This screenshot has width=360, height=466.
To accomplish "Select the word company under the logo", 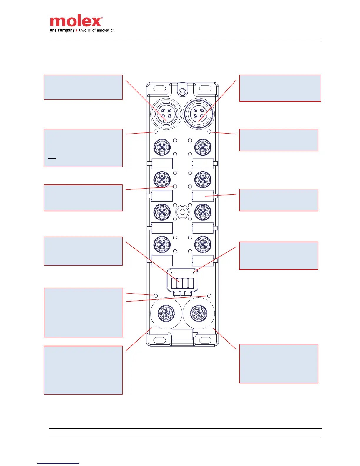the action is pyautogui.click(x=66, y=30).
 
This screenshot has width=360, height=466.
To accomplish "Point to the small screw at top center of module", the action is pyautogui.click(x=182, y=92).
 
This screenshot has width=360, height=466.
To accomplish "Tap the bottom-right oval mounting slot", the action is pyautogui.click(x=205, y=340).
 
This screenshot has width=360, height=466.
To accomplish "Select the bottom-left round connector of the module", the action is pyautogui.click(x=166, y=313).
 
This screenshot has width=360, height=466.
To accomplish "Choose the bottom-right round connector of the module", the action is pyautogui.click(x=199, y=313).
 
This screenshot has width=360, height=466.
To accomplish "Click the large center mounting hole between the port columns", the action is pyautogui.click(x=182, y=212).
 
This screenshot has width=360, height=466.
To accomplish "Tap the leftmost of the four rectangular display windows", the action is pyautogui.click(x=174, y=283).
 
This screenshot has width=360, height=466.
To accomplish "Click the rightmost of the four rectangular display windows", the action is pyautogui.click(x=191, y=283).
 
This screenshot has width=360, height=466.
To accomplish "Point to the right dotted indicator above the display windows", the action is pyautogui.click(x=193, y=273).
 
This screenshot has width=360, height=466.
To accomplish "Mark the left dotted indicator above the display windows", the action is pyautogui.click(x=172, y=273).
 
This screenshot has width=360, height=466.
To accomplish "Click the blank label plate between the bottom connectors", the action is pyautogui.click(x=182, y=335).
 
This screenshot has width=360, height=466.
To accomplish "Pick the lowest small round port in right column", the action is pyautogui.click(x=203, y=244).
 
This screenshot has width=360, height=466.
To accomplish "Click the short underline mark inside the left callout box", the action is pyautogui.click(x=52, y=158).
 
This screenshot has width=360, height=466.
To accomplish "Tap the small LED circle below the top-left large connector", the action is pyautogui.click(x=156, y=132).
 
